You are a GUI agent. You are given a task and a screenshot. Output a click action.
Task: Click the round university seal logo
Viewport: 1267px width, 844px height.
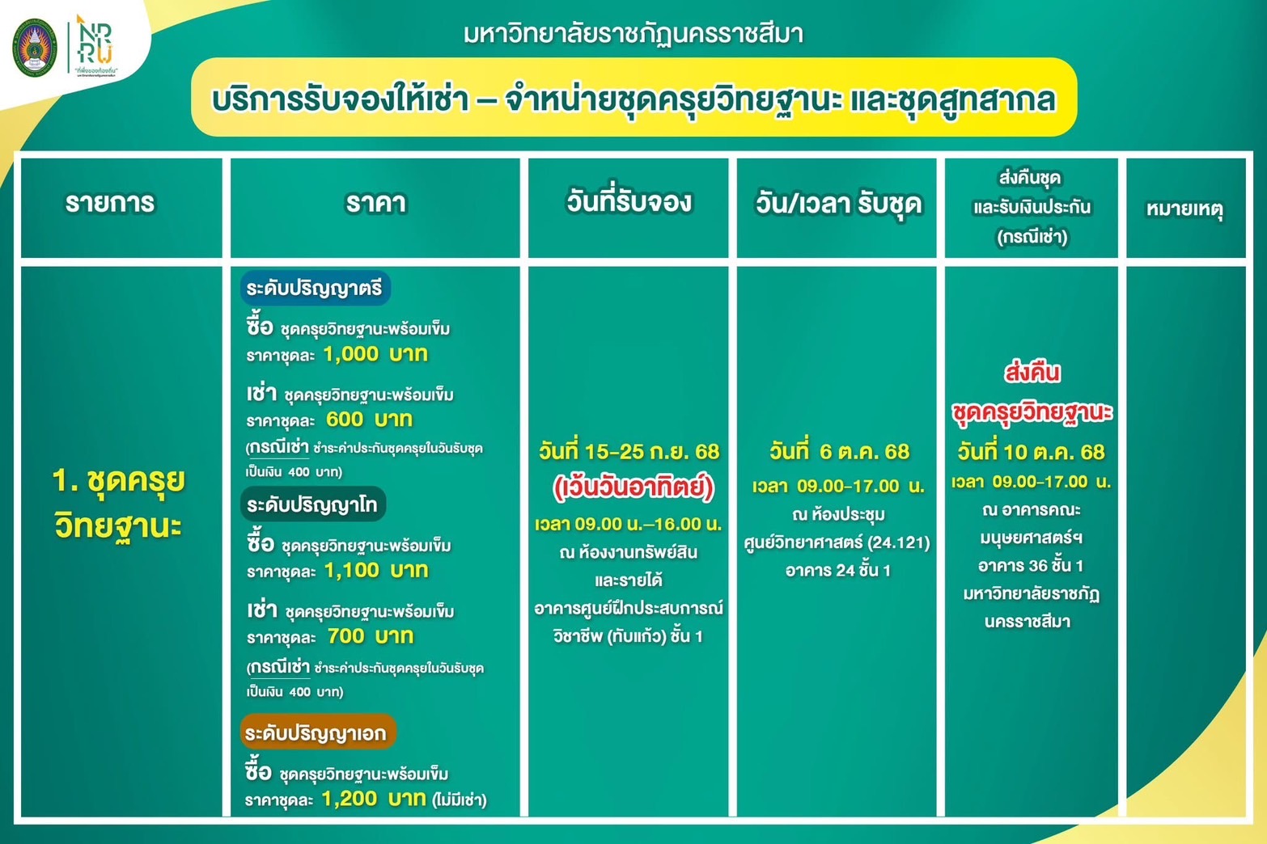click(35, 48)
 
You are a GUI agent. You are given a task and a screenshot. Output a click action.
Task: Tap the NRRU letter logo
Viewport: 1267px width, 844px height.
click(95, 40)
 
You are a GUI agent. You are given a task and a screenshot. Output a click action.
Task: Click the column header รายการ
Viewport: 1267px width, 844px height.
click(110, 203)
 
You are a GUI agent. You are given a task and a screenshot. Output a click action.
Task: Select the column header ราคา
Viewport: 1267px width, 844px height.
click(375, 203)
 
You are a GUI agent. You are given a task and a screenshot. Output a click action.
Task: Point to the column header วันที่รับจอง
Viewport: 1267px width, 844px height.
click(629, 201)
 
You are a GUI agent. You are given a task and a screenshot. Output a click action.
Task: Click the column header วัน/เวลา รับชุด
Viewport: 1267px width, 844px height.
click(838, 204)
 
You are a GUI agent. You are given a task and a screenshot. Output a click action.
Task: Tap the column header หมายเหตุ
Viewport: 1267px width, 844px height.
click(1185, 209)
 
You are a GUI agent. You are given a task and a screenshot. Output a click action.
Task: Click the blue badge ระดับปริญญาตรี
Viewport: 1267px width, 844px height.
click(315, 289)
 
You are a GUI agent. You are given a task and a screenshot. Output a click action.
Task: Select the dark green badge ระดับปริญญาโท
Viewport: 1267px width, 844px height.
click(313, 504)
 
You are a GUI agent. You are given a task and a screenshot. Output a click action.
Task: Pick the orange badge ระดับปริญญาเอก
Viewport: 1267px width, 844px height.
click(317, 732)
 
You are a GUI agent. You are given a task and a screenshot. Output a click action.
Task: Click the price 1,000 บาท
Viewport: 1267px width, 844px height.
click(375, 354)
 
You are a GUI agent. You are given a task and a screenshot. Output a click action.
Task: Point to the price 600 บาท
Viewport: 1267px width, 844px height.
click(370, 420)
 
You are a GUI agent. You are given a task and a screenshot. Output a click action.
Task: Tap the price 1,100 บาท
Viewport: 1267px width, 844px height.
click(376, 570)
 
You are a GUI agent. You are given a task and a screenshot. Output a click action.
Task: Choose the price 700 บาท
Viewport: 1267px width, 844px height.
click(371, 636)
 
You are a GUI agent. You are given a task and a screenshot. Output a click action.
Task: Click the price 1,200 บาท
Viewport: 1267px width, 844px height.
click(374, 798)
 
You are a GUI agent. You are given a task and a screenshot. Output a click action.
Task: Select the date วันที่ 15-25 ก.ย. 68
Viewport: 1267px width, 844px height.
click(629, 452)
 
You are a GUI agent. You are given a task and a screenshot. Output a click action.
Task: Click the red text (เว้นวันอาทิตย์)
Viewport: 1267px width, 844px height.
click(633, 487)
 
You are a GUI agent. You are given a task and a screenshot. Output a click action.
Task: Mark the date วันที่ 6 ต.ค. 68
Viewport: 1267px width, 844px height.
click(839, 452)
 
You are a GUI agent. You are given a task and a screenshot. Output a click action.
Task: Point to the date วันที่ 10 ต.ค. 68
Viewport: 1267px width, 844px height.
click(1031, 452)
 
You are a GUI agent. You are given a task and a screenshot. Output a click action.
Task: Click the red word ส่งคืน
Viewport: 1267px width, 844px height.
click(1032, 373)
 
